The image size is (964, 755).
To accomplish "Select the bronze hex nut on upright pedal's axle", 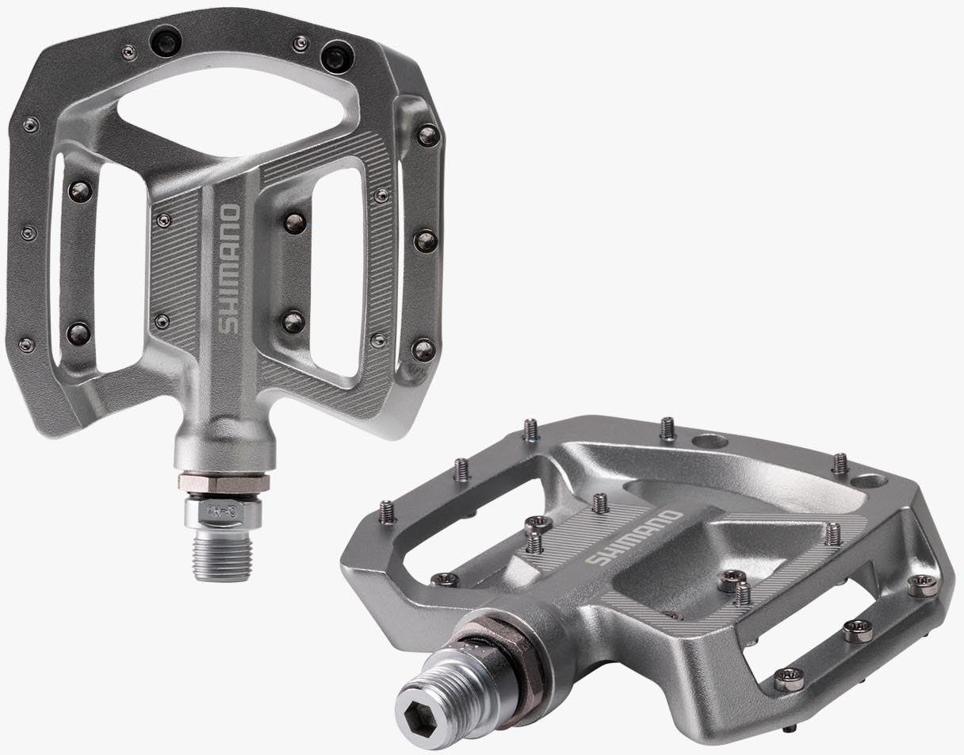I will [x=224, y=482].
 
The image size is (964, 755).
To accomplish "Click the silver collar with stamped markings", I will [x=223, y=512].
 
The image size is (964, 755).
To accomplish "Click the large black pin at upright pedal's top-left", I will [x=166, y=41].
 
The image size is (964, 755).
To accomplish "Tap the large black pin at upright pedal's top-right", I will [x=337, y=56].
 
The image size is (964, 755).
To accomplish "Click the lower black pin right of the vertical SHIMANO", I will [x=293, y=321].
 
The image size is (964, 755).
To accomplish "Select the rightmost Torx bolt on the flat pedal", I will [x=922, y=585].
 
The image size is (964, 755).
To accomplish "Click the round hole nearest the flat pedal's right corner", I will [x=870, y=481].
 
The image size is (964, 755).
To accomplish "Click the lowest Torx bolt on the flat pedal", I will [x=789, y=679].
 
